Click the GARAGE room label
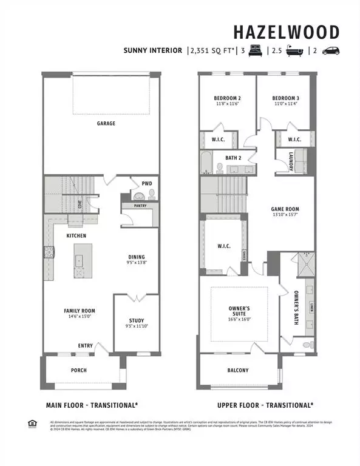(x=106, y=123)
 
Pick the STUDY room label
(x=136, y=320)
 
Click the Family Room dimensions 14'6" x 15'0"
(x=80, y=316)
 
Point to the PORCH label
(x=79, y=370)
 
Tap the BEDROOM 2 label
(x=227, y=98)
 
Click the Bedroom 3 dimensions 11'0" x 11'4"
(x=285, y=104)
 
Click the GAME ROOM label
(x=285, y=209)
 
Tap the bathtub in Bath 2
(x=208, y=163)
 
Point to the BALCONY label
(x=237, y=370)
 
